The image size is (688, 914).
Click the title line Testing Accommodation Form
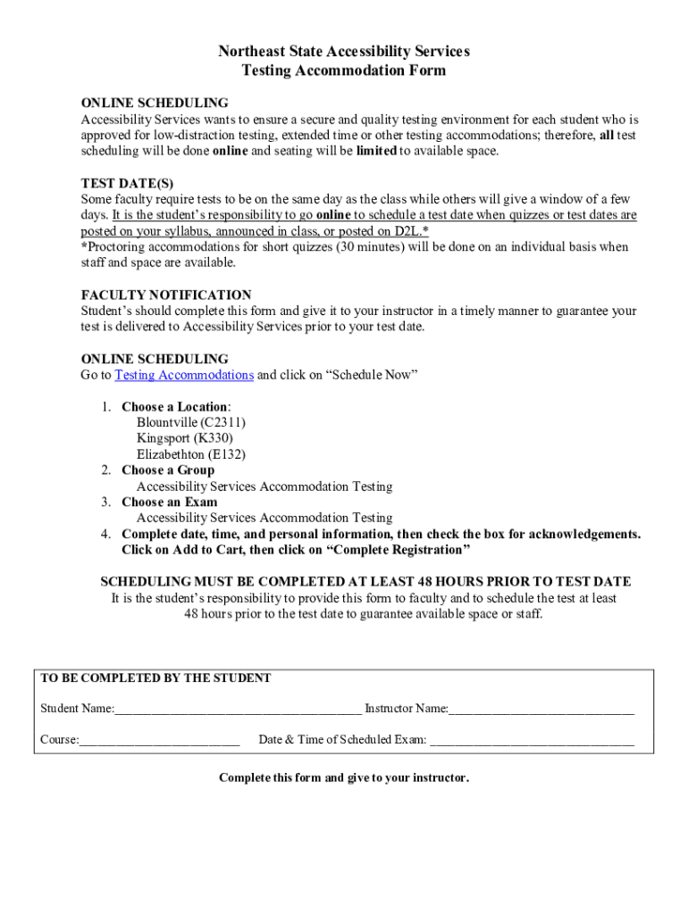pyautogui.click(x=344, y=71)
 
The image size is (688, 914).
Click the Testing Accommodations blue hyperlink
pyautogui.click(x=184, y=375)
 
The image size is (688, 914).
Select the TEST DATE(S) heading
pyautogui.click(x=127, y=184)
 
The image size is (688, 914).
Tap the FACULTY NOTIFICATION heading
pyautogui.click(x=166, y=295)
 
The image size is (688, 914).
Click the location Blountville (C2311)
pyautogui.click(x=191, y=422)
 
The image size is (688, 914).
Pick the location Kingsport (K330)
pyautogui.click(x=184, y=438)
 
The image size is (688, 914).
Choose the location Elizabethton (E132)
pyautogui.click(x=190, y=454)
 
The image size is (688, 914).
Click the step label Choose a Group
pyautogui.click(x=168, y=470)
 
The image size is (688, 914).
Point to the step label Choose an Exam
pyautogui.click(x=169, y=503)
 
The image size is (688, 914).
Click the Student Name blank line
pyautogui.click(x=238, y=710)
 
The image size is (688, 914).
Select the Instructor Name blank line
pyautogui.click(x=541, y=710)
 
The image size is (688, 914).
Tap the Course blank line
pyautogui.click(x=159, y=741)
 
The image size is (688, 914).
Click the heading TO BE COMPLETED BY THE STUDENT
pyautogui.click(x=155, y=678)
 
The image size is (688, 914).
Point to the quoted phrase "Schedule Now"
pyautogui.click(x=376, y=375)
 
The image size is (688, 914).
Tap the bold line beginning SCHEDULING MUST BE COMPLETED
pyautogui.click(x=365, y=582)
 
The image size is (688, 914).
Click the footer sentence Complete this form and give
pyautogui.click(x=344, y=778)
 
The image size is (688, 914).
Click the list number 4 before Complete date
pyautogui.click(x=105, y=535)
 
